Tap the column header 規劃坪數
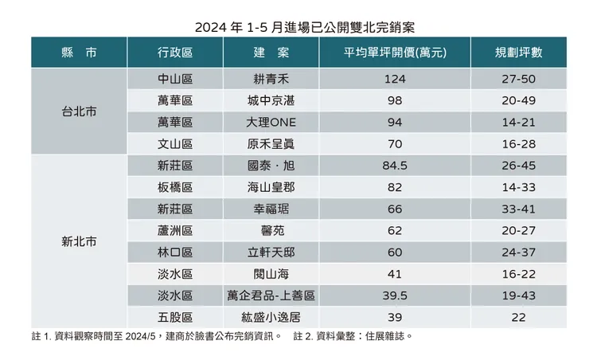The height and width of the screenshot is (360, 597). coord(518,53)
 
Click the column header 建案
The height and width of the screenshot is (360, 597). coord(271,53)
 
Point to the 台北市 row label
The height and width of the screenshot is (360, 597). coord(79,112)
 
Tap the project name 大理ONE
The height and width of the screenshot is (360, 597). coord(271,123)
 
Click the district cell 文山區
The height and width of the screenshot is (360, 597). coord(175,144)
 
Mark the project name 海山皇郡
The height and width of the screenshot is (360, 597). coord(271,187)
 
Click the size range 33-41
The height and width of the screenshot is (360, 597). coord(518,209)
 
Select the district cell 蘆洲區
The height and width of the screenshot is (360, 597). coord(175,230)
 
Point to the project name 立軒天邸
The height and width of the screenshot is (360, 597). coord(271,252)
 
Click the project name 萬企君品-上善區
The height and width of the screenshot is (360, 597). coord(271,295)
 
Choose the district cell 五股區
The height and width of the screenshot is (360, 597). coord(175,317)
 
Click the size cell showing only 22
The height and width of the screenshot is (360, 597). coord(518,317)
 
